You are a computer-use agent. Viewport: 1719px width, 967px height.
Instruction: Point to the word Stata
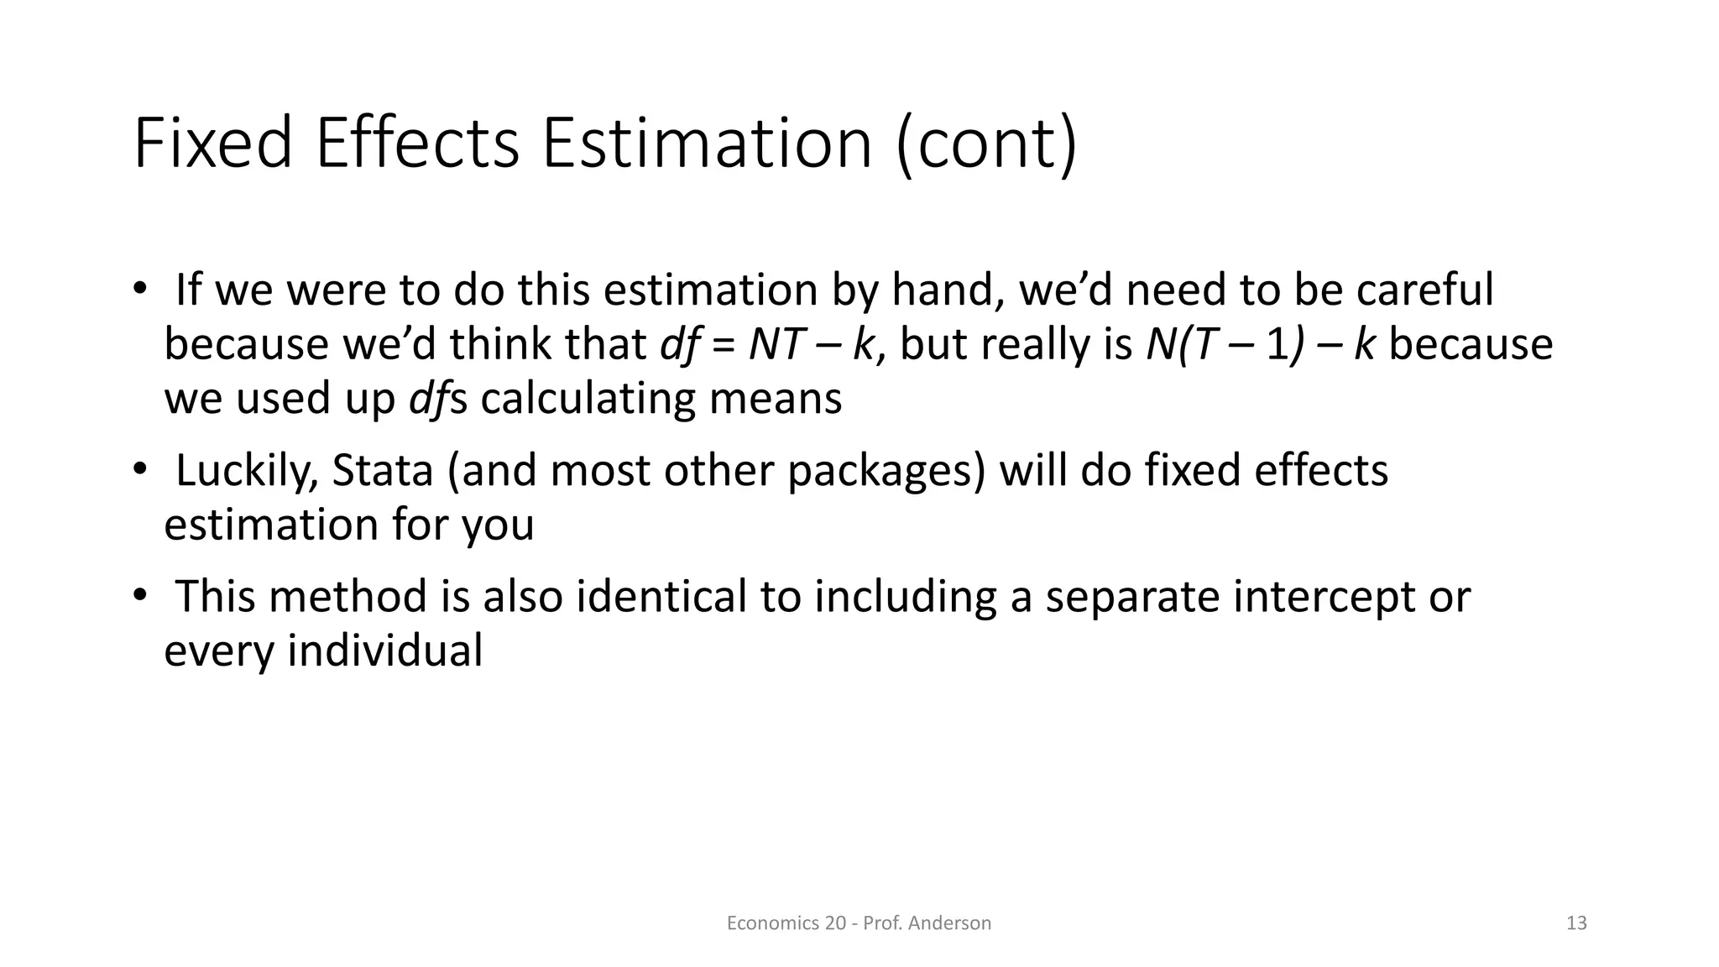point(383,470)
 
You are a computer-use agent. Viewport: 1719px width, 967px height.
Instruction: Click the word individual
point(385,651)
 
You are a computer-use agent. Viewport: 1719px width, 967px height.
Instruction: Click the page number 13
point(1576,923)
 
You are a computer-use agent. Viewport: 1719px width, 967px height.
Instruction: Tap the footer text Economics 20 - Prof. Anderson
point(859,923)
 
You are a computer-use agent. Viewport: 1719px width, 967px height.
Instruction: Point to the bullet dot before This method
point(138,595)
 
